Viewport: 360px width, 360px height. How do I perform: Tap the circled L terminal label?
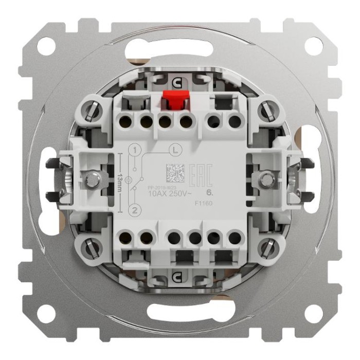click(x=174, y=151)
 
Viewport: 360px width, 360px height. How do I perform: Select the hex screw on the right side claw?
click(x=266, y=180)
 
